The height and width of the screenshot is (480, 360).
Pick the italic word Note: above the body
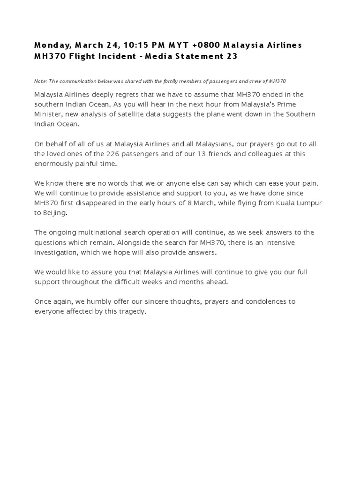(41, 81)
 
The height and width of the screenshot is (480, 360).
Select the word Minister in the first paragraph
(47, 114)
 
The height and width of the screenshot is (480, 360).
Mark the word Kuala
(281, 202)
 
